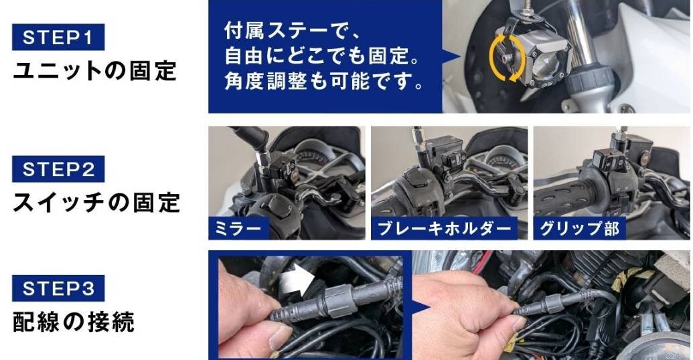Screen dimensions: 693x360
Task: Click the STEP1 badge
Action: pos(58,37)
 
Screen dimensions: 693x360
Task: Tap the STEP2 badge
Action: pos(58,169)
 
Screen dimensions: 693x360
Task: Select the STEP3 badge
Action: pos(58,288)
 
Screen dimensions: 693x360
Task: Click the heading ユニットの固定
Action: pos(95,71)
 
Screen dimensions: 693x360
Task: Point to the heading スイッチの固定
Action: pos(96,202)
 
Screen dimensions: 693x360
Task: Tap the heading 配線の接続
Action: pos(74,321)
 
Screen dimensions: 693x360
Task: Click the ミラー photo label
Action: pos(238,228)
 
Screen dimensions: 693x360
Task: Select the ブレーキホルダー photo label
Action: pos(444,228)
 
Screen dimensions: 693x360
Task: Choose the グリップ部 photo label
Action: pos(579,228)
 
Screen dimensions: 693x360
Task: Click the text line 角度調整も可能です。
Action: pos(324,81)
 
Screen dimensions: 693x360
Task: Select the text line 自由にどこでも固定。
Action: pos(322,56)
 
